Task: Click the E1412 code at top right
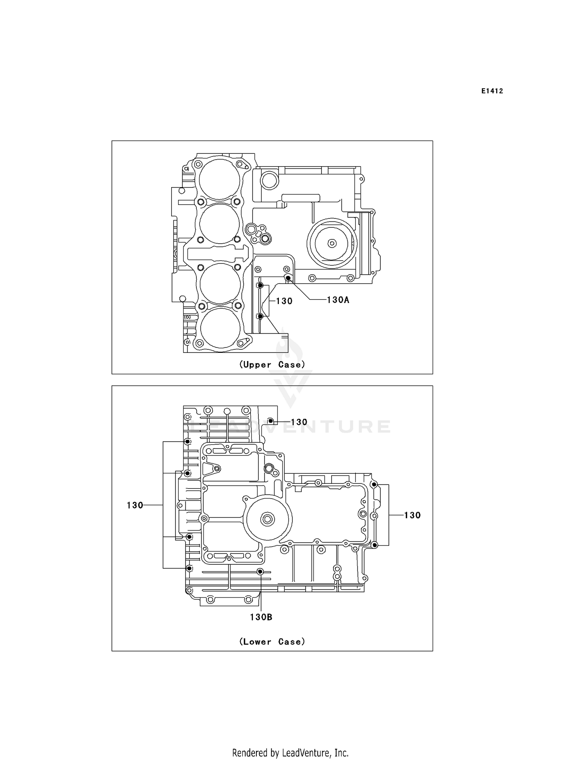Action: click(492, 91)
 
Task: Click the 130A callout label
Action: click(338, 300)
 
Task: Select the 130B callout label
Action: click(261, 617)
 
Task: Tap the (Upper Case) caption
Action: click(272, 365)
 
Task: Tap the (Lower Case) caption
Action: click(272, 641)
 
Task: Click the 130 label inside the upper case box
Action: click(284, 301)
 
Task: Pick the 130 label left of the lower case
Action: click(135, 505)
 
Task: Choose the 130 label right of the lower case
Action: click(412, 515)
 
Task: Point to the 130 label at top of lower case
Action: click(299, 422)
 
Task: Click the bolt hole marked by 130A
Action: click(288, 278)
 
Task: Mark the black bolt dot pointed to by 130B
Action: click(260, 571)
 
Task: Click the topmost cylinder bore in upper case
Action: click(220, 180)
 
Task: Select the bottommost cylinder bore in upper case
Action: click(220, 327)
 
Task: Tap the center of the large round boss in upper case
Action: click(332, 243)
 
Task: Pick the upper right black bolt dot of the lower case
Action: click(374, 485)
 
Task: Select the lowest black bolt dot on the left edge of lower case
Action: click(189, 568)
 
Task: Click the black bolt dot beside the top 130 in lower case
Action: click(271, 421)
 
